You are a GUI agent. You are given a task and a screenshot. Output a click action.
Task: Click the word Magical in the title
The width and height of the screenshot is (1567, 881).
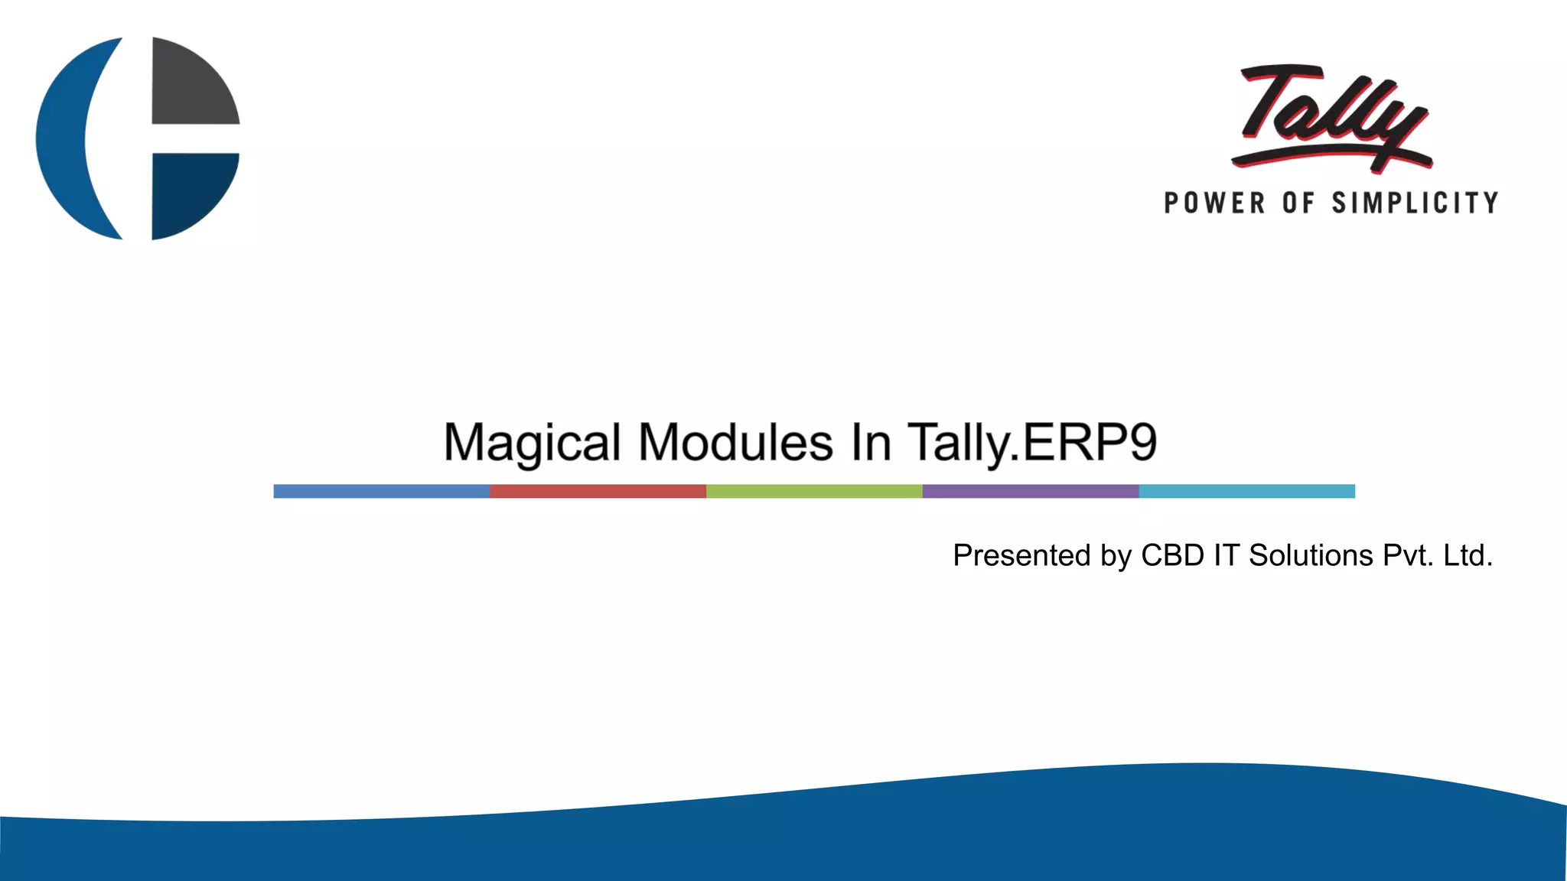(532, 443)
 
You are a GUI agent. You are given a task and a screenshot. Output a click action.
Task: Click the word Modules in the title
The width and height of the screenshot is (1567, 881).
(735, 443)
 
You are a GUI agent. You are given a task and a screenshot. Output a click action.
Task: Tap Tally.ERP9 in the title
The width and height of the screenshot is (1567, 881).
(1032, 443)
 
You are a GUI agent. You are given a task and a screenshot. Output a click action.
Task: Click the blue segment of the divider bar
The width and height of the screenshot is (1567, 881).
(381, 491)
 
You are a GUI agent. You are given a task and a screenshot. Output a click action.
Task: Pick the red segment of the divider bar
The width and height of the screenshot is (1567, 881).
(598, 491)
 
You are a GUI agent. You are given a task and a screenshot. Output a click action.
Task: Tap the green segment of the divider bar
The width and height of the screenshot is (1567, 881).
(814, 491)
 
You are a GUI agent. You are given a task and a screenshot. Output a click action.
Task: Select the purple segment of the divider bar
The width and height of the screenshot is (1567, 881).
(1031, 491)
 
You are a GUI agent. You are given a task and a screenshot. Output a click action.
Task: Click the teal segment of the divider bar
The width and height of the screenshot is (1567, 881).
(1246, 491)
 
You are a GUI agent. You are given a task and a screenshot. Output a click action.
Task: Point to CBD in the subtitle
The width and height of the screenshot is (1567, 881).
(1172, 555)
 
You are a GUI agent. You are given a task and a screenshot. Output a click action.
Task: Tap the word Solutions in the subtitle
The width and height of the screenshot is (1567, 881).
(1311, 555)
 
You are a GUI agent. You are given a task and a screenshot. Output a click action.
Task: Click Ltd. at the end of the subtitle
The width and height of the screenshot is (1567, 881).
(1468, 555)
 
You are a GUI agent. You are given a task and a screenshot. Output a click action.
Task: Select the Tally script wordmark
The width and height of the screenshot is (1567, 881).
(1331, 115)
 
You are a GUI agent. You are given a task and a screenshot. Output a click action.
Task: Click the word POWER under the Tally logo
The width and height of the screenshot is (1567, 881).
(1214, 203)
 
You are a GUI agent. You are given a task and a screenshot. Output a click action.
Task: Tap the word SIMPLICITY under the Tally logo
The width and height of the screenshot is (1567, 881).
(1415, 203)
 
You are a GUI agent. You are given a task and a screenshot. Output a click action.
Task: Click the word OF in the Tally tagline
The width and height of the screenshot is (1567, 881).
(1298, 203)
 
